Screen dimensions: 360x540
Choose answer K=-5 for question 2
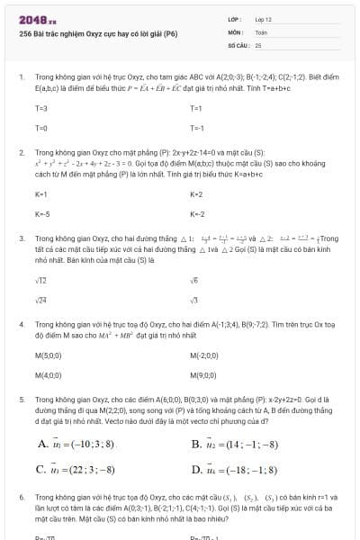tap(41, 214)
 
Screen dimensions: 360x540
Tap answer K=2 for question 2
tap(197, 193)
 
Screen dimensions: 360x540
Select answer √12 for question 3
tap(41, 280)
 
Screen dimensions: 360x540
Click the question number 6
tap(21, 496)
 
